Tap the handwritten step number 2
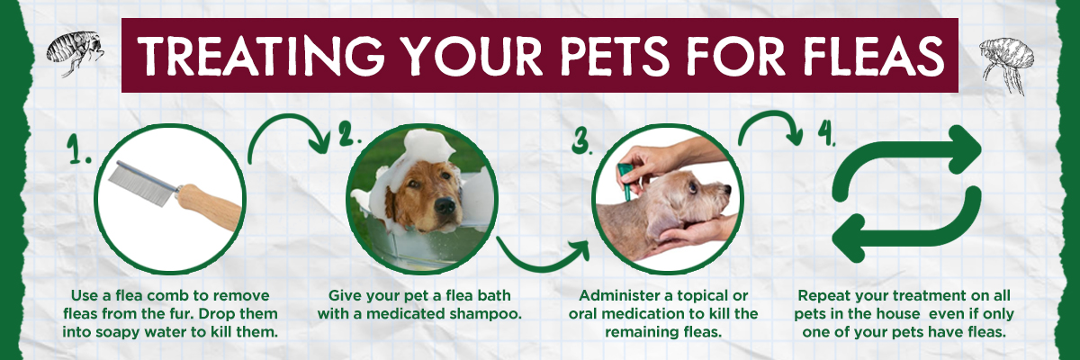(x=350, y=137)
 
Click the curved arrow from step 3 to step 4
(x=770, y=126)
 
